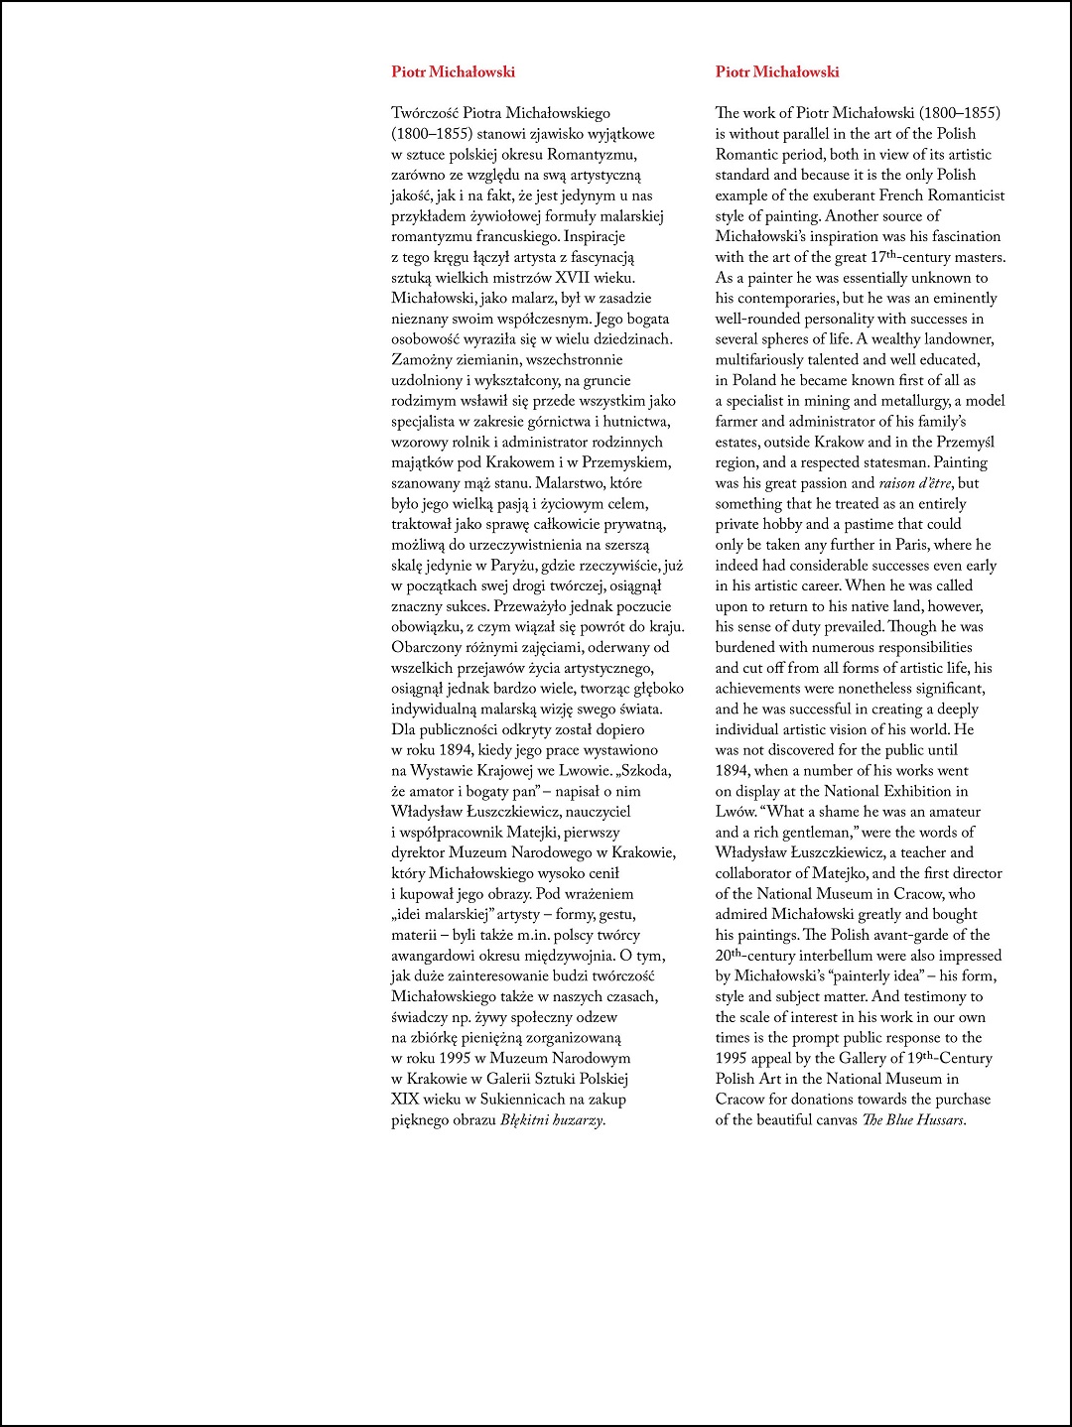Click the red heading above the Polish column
453,71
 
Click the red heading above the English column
777,71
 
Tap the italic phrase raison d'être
915,483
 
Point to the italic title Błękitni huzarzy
552,1120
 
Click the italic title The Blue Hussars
912,1120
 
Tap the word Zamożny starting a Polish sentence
424,360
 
